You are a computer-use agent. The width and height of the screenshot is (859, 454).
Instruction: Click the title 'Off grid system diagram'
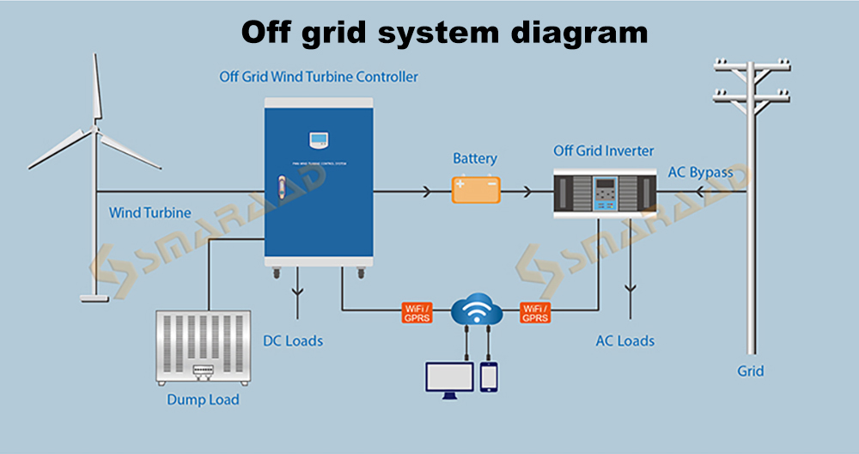(443, 32)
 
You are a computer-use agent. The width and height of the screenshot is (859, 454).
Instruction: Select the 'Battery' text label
(475, 159)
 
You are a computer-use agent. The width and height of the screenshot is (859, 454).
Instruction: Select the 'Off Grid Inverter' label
(604, 151)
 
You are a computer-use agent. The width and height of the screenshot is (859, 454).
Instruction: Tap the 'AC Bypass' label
(700, 172)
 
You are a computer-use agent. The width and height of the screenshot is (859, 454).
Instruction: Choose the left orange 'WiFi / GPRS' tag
(417, 312)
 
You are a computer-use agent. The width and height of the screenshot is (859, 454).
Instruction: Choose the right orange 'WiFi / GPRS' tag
(534, 312)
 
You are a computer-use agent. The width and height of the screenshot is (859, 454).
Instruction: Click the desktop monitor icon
(449, 379)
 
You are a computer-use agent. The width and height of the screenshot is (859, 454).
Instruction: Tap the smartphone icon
(489, 377)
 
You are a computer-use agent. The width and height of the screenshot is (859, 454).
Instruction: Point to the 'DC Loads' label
(293, 340)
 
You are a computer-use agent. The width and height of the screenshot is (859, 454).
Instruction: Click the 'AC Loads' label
(625, 340)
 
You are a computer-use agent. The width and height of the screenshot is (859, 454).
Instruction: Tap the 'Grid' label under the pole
(750, 371)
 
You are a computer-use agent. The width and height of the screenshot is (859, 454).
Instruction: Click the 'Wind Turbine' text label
(150, 212)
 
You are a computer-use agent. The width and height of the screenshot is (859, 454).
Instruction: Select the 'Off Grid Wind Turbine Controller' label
(318, 77)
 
